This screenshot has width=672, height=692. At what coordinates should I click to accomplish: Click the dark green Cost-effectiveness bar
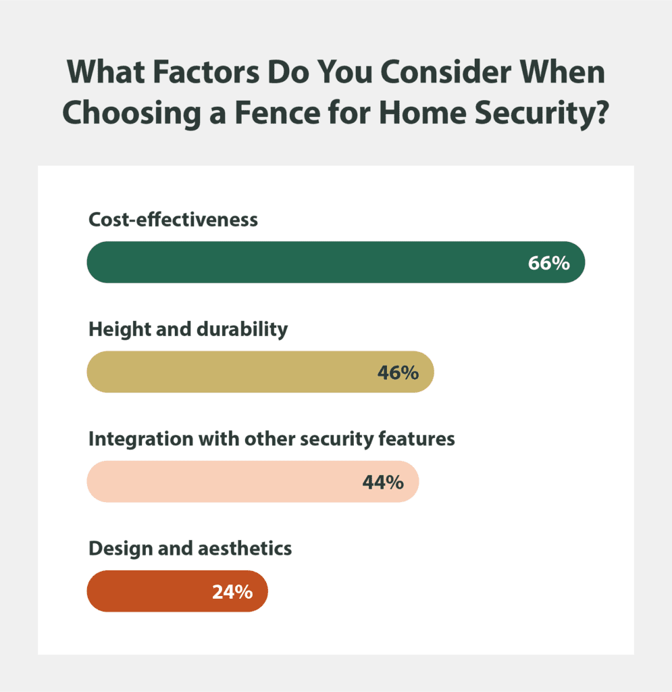304,262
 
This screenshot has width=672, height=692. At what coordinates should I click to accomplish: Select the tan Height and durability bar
230,372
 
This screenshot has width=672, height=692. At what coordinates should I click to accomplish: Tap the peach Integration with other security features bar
223,482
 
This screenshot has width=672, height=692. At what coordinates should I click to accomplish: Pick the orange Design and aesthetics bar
149,591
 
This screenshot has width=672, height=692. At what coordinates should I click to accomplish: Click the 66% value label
549,263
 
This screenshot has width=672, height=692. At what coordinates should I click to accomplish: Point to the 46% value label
398,372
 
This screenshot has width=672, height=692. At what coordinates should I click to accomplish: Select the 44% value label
383,482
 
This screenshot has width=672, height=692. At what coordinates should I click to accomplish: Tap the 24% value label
232,592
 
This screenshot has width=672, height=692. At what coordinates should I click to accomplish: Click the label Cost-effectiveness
173,220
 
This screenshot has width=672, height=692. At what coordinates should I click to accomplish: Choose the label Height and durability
188,330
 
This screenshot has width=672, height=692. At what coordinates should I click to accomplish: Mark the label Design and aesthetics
190,548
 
